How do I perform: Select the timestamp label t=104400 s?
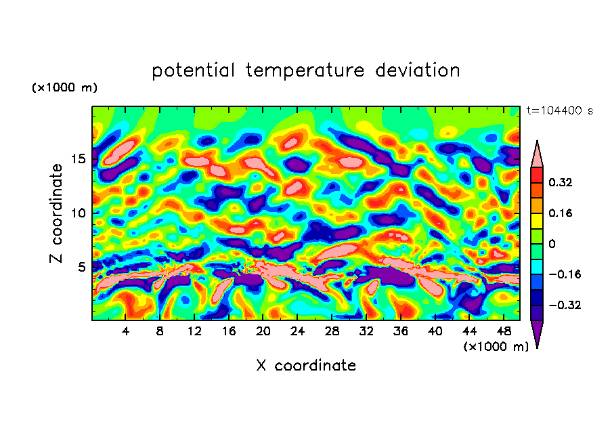click(559, 110)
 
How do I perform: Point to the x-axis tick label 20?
click(263, 331)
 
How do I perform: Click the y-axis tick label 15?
click(78, 159)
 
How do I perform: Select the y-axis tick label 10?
click(78, 213)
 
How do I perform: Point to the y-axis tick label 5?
click(81, 268)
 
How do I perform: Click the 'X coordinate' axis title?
click(306, 366)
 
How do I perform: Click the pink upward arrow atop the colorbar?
click(537, 154)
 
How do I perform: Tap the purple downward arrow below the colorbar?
click(537, 333)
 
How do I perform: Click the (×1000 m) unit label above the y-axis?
click(65, 88)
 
